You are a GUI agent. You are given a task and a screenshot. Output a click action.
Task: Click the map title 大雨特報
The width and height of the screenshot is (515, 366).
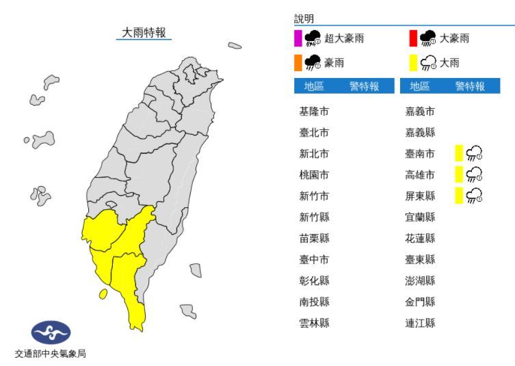(144, 32)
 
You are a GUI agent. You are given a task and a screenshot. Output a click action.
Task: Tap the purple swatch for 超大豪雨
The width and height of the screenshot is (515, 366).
(298, 38)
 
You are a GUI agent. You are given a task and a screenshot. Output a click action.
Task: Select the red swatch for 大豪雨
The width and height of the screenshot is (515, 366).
(412, 38)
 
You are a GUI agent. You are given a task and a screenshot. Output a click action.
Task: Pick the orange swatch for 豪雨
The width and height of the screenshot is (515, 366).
(298, 63)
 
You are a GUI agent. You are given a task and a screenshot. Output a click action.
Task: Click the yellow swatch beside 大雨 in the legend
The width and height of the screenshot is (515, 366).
(412, 63)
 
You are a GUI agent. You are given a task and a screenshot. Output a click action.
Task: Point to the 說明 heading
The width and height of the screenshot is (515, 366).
(304, 19)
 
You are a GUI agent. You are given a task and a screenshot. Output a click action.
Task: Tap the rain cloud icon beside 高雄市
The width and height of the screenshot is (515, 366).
(474, 175)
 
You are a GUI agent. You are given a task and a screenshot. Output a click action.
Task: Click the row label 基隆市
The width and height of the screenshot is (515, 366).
(314, 112)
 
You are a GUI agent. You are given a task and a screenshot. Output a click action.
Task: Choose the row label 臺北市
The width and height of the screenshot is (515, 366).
(314, 133)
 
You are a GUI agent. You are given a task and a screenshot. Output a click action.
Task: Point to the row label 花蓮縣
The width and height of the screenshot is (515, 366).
(420, 238)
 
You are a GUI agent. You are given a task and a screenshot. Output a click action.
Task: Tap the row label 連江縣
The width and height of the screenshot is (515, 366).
(420, 323)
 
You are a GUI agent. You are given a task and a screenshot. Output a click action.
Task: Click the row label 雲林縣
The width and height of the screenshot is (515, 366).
(314, 323)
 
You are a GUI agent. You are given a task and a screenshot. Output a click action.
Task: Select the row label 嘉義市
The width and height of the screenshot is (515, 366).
(420, 112)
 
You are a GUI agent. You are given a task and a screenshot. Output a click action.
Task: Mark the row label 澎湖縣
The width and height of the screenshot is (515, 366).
(420, 280)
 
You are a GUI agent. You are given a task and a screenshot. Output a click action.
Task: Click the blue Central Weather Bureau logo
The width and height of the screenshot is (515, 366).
(51, 333)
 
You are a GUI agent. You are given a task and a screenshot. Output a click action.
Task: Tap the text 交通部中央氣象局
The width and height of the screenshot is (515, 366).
(51, 354)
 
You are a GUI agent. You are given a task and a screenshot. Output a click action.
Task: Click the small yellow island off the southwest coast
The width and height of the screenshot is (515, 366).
(103, 293)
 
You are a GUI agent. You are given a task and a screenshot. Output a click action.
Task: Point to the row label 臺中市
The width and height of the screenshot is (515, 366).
(314, 259)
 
